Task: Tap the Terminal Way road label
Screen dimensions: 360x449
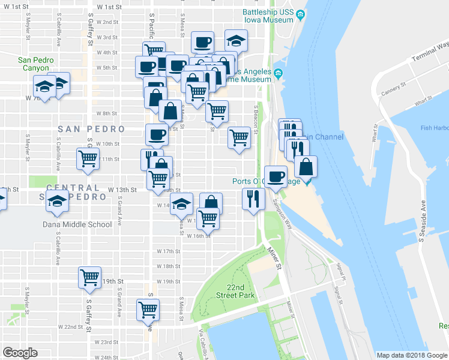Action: coord(430,53)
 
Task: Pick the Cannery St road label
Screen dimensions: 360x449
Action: coord(394,92)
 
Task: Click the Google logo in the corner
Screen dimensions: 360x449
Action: coord(20,353)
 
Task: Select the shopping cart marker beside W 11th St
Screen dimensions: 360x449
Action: coord(88,159)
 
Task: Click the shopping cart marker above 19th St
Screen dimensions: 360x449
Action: coord(89,277)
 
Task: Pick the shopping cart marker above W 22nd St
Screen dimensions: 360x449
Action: coord(148,310)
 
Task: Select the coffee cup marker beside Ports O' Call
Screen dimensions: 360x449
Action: coord(276,176)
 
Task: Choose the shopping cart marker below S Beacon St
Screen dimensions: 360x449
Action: coord(240,137)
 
